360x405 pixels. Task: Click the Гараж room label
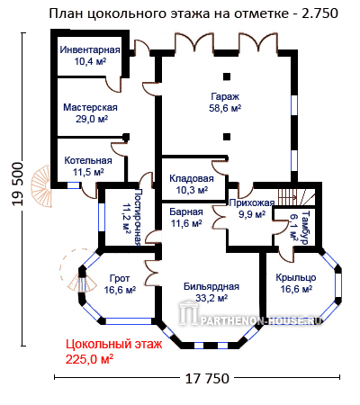point(225,96)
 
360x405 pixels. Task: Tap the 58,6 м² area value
point(225,108)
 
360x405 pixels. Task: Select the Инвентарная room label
point(90,49)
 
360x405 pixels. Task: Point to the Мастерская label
point(90,107)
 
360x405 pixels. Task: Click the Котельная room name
point(88,160)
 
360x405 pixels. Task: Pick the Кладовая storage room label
point(192,178)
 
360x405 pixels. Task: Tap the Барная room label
point(186,211)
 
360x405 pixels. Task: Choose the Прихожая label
point(252,203)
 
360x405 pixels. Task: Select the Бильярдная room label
point(211,286)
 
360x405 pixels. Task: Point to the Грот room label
point(120,279)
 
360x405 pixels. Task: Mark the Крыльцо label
point(296,277)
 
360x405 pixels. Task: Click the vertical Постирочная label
point(137,217)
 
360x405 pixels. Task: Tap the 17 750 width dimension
point(207,379)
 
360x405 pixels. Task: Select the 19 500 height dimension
point(18,184)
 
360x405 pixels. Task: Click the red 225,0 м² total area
point(89,359)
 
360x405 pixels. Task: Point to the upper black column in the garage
point(227,76)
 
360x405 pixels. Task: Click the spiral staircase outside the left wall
point(41,186)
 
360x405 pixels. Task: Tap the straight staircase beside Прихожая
point(297,197)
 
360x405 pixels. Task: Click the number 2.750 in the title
point(319,13)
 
